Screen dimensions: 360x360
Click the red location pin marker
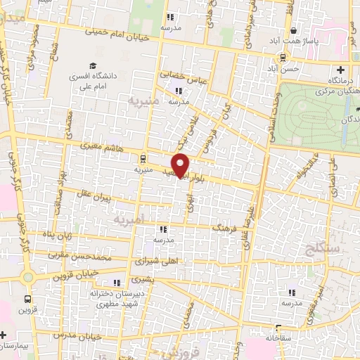tap(181, 166)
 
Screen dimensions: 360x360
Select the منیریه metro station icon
tap(143, 159)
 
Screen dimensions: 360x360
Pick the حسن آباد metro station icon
tap(282, 58)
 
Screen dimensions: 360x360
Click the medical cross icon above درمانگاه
tap(341, 70)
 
